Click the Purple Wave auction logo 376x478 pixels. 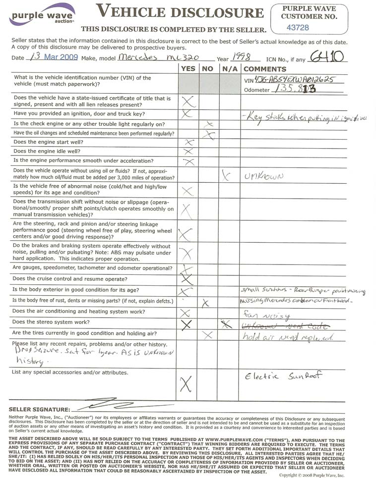[42, 15]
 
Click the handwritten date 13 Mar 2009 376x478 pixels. [54, 57]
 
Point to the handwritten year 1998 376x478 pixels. [243, 57]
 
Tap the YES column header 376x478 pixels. [188, 69]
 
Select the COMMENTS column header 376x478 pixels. [264, 69]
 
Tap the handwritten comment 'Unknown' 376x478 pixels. [263, 175]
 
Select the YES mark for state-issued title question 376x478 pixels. [188, 102]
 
